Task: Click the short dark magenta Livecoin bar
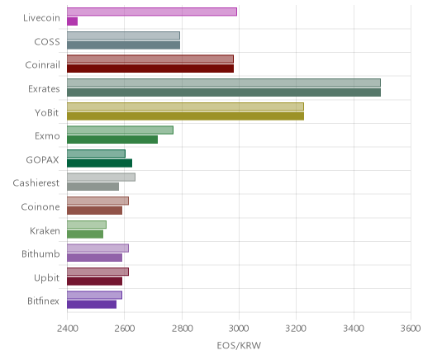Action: point(73,21)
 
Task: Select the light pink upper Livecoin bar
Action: point(152,12)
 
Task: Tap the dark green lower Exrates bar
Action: point(224,92)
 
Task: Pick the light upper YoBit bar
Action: point(186,107)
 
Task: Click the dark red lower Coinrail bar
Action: point(150,69)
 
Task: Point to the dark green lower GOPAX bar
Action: point(100,163)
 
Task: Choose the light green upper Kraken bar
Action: point(87,225)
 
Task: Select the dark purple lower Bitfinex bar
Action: point(92,305)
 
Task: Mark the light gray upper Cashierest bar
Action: point(102,178)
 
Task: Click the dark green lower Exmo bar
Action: point(112,140)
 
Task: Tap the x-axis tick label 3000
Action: point(239,329)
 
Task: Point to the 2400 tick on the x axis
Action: point(67,329)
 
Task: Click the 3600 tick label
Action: point(411,329)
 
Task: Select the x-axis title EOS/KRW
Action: point(239,345)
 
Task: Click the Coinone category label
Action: point(40,207)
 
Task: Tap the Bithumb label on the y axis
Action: point(40,253)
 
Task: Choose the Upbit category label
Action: point(46,277)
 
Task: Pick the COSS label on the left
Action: point(47,42)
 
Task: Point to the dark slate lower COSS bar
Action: point(124,45)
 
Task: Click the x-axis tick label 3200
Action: point(297,329)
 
